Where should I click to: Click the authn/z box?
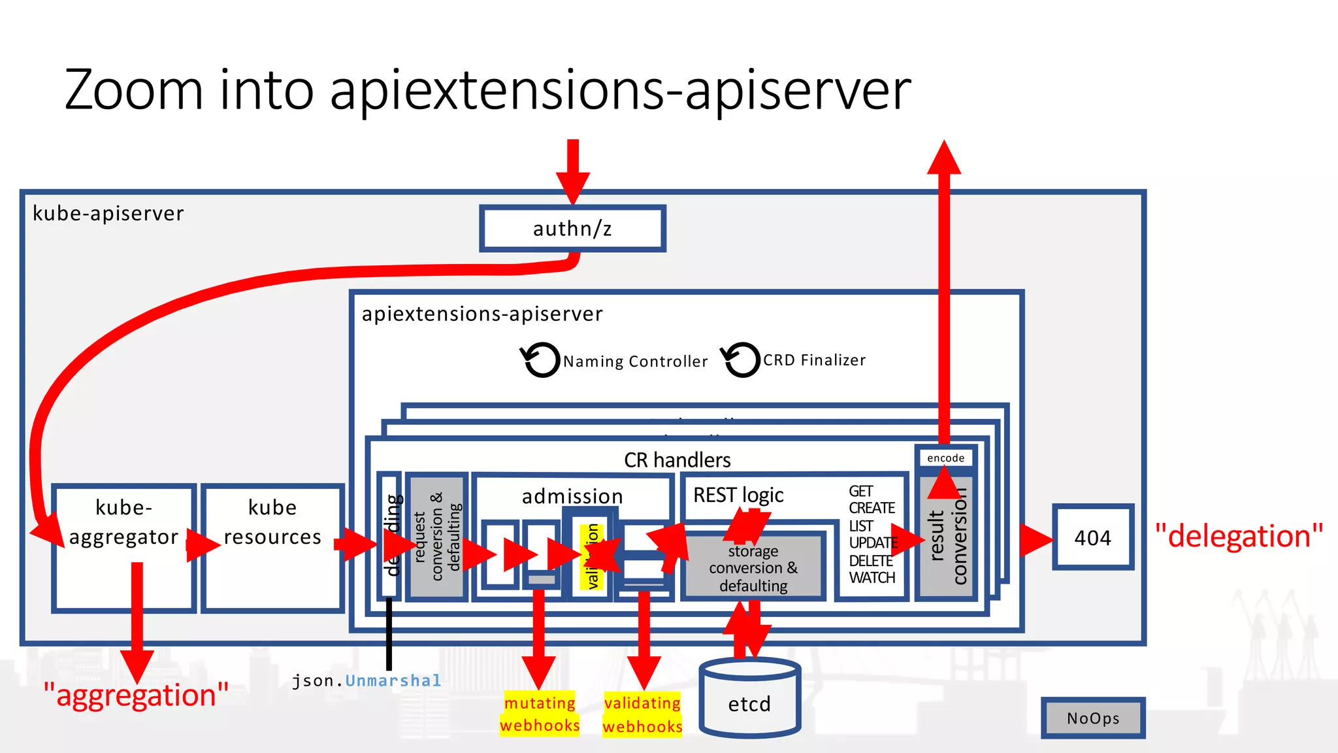pyautogui.click(x=572, y=229)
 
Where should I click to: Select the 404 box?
pyautogui.click(x=1092, y=538)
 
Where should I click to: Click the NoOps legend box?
pyautogui.click(x=1093, y=718)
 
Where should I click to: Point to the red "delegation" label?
pyautogui.click(x=1239, y=536)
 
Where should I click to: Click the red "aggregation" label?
pyautogui.click(x=136, y=695)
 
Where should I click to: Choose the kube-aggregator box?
pyautogui.click(x=123, y=548)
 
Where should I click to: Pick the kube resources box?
pyautogui.click(x=272, y=548)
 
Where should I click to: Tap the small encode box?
pyautogui.click(x=945, y=458)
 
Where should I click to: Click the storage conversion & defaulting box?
pyautogui.click(x=753, y=568)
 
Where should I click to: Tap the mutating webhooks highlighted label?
pyautogui.click(x=540, y=714)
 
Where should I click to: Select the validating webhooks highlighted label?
pyautogui.click(x=642, y=714)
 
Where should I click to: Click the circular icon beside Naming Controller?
pyautogui.click(x=541, y=360)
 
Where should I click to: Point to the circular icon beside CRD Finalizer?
pyautogui.click(x=741, y=360)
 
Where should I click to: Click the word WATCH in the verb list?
pyautogui.click(x=872, y=578)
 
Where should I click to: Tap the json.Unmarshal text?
pyautogui.click(x=367, y=680)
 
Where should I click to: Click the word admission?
pyautogui.click(x=572, y=496)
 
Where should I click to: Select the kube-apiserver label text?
pyautogui.click(x=108, y=214)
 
